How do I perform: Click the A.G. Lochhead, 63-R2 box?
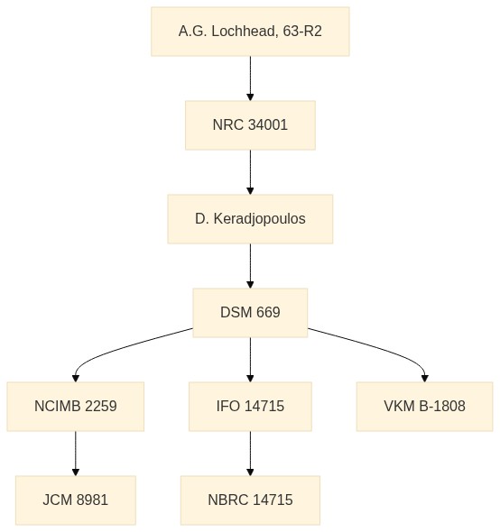coord(250,32)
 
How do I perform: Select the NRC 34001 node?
coord(250,125)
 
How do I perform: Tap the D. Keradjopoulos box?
coord(250,219)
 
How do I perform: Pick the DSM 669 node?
coord(250,313)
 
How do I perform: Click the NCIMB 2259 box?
coord(76,407)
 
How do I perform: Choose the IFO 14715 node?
coord(250,407)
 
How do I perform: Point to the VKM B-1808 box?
coord(424,407)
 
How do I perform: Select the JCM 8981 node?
coord(76,500)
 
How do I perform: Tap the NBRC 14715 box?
coord(250,500)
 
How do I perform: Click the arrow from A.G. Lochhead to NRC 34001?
coord(250,78)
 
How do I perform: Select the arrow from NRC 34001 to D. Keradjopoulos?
coord(250,172)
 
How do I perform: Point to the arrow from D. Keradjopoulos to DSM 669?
coord(250,266)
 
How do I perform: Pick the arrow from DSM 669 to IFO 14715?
coord(250,360)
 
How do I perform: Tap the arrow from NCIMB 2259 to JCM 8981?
coord(76,454)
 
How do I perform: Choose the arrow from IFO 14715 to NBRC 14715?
coord(250,454)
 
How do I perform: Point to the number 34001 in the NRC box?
coord(268,124)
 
